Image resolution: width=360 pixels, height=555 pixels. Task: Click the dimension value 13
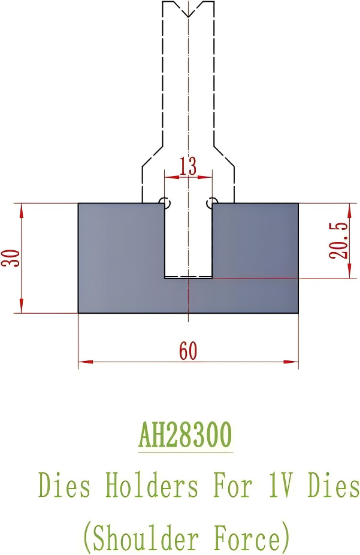point(188,166)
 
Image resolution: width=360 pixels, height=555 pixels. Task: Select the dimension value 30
point(12,258)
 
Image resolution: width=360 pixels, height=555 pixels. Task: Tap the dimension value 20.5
point(339,240)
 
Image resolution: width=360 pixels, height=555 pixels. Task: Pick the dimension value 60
point(188,351)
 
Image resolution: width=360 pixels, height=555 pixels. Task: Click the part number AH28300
point(185,435)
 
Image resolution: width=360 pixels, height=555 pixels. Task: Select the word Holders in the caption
point(152,486)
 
